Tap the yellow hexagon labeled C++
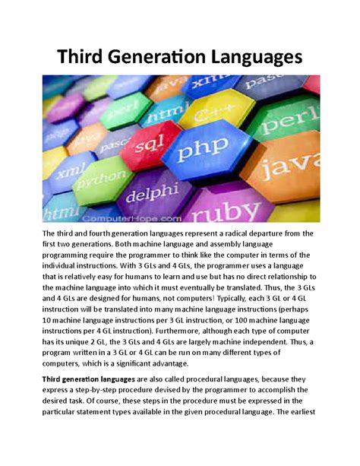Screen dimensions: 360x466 tap(210, 116)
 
